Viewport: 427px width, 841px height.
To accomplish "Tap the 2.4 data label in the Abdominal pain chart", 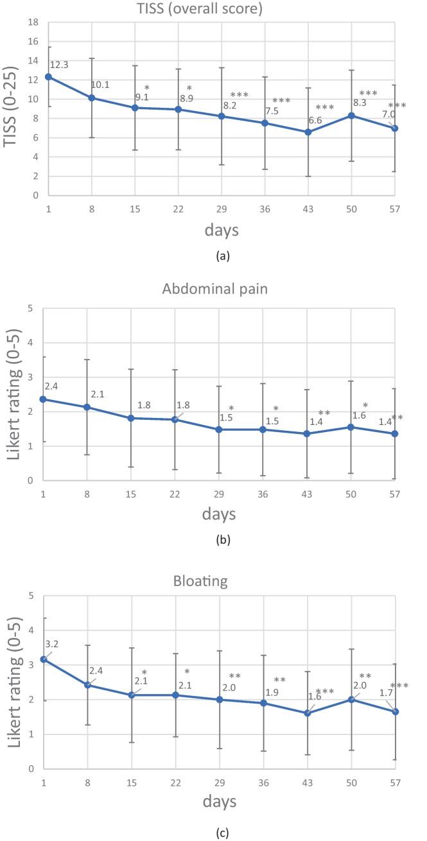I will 52,386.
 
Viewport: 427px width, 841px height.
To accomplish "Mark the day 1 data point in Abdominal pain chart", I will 44,399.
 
